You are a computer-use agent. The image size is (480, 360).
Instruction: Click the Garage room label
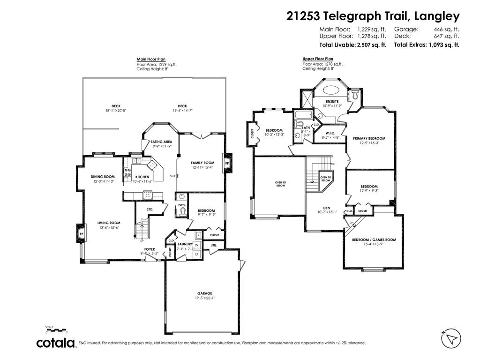pyautogui.click(x=204, y=293)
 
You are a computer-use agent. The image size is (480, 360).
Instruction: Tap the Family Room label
pyautogui.click(x=202, y=163)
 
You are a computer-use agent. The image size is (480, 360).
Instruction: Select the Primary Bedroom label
pyautogui.click(x=369, y=138)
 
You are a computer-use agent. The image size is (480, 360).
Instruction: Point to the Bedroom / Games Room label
pyautogui.click(x=374, y=240)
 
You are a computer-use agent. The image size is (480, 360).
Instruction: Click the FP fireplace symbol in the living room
pyautogui.click(x=81, y=233)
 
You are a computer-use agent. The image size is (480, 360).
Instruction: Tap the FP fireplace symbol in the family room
pyautogui.click(x=227, y=163)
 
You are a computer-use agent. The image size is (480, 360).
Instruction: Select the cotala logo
pyautogui.click(x=56, y=343)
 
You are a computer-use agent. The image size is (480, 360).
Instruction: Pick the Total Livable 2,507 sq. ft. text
pyautogui.click(x=352, y=45)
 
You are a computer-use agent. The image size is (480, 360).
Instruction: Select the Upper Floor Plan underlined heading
pyautogui.click(x=318, y=59)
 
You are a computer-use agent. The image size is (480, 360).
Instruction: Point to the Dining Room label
pyautogui.click(x=103, y=177)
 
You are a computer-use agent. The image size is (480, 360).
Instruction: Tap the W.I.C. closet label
pyautogui.click(x=330, y=133)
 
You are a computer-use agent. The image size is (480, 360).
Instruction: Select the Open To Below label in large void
pyautogui.click(x=280, y=184)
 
